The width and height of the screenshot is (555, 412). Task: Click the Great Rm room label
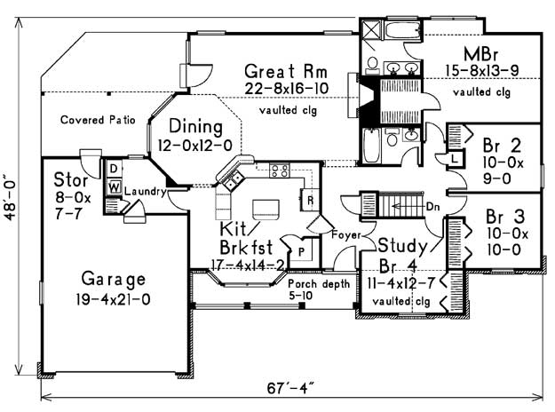tap(286, 71)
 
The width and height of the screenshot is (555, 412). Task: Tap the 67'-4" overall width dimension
tap(290, 388)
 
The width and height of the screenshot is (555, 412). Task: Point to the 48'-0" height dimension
tap(11, 197)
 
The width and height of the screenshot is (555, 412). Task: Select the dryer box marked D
tap(114, 169)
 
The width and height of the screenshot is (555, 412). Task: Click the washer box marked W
tap(114, 186)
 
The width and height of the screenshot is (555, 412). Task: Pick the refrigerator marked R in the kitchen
tap(310, 200)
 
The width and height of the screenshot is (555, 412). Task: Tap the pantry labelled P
tap(301, 251)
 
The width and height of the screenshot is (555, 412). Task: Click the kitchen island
tap(266, 210)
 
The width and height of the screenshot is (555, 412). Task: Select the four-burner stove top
tap(280, 170)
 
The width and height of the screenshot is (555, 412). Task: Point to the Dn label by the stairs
tap(432, 206)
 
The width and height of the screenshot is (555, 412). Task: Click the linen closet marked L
tap(455, 158)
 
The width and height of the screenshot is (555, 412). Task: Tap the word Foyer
tap(345, 234)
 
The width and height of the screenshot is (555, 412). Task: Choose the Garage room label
tap(114, 280)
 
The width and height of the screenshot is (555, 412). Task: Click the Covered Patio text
tap(98, 120)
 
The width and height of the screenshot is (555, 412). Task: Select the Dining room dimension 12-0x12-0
tap(195, 145)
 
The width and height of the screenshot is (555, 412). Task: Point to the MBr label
tap(480, 54)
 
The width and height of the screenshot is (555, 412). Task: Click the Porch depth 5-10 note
tap(319, 289)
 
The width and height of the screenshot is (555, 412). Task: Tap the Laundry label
tap(145, 192)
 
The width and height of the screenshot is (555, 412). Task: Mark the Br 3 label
tap(505, 217)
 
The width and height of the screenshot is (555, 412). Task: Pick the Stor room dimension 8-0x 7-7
tap(73, 205)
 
